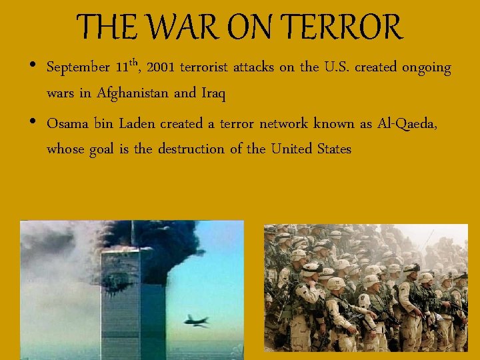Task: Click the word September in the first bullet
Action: [79, 68]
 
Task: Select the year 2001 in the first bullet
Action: [161, 67]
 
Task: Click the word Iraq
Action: [213, 94]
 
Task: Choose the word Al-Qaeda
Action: [407, 124]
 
